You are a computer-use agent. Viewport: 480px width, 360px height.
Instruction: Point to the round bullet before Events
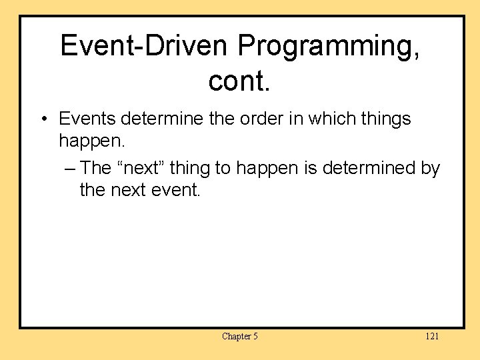point(42,120)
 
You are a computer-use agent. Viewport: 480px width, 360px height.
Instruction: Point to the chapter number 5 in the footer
point(255,336)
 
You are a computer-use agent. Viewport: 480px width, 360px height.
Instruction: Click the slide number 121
point(432,336)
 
